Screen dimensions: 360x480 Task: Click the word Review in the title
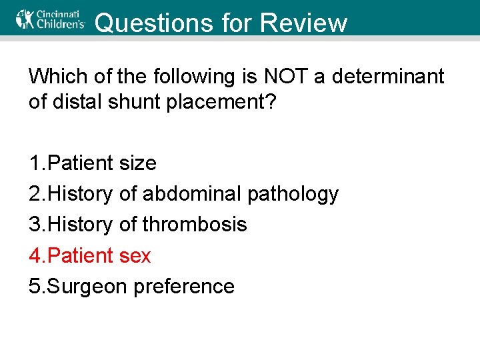coord(304,23)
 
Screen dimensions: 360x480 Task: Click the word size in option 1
coord(138,163)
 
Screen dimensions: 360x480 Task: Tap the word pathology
coord(293,194)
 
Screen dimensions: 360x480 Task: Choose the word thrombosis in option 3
coord(194,225)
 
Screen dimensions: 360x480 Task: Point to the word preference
coord(184,286)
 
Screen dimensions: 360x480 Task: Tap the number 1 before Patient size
coord(34,163)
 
